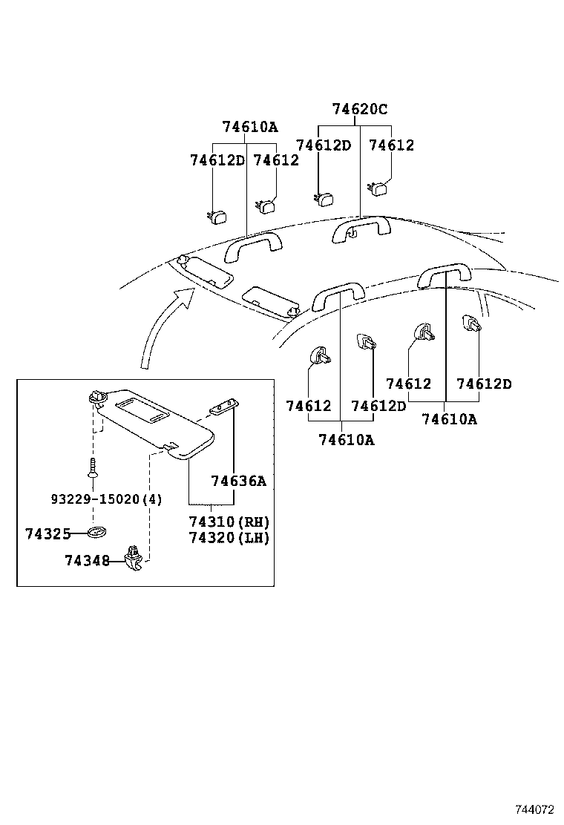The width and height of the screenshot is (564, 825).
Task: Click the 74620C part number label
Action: (x=360, y=110)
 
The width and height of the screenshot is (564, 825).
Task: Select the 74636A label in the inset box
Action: (x=237, y=481)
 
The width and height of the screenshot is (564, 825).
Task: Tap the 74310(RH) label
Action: (x=229, y=522)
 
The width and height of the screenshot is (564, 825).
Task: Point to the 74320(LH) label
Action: (x=229, y=538)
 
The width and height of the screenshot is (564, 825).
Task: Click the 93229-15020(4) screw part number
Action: (x=106, y=499)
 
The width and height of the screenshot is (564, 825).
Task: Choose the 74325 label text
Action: (x=47, y=533)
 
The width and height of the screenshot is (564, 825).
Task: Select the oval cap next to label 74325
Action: (x=97, y=533)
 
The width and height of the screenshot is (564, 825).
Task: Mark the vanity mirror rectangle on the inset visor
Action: (x=144, y=408)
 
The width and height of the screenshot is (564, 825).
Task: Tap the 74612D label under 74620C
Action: (x=323, y=145)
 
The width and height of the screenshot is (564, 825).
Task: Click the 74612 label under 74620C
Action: (x=391, y=145)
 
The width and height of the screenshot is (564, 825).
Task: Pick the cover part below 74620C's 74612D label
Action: (x=324, y=198)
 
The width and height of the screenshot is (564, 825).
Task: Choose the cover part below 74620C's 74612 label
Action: (x=381, y=188)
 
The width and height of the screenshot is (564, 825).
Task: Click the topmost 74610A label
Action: (x=249, y=127)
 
